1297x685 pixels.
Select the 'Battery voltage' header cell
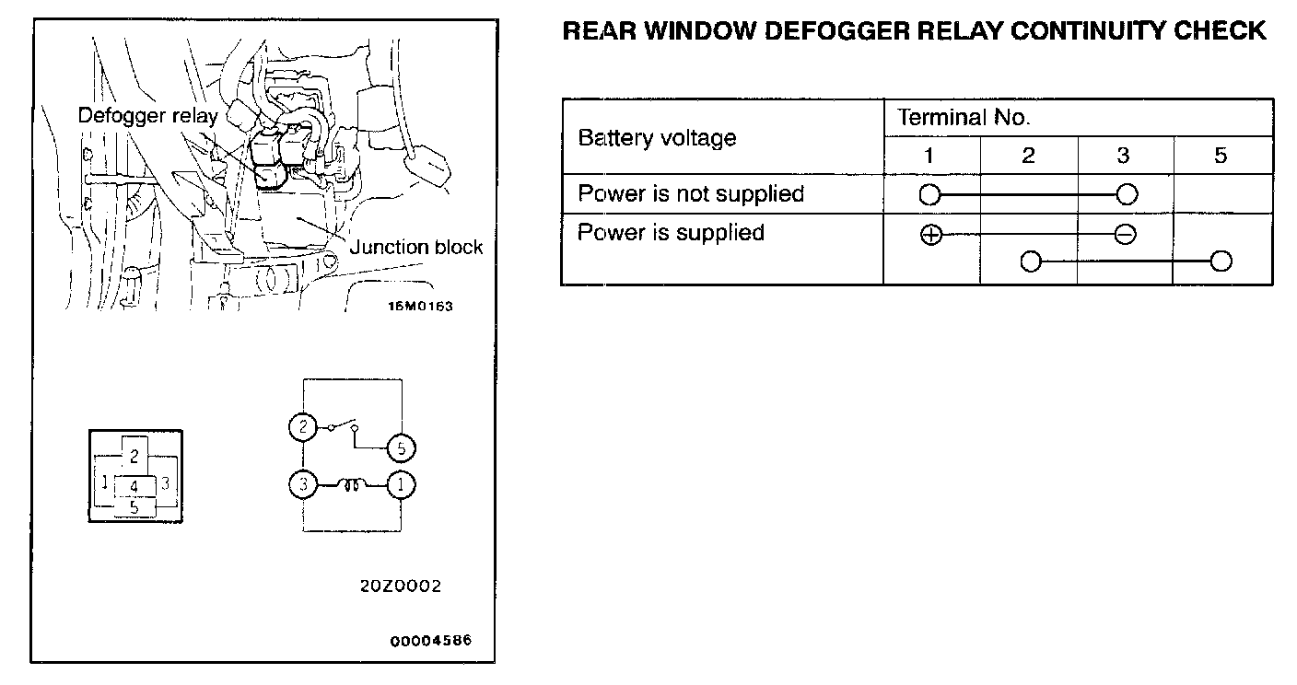click(657, 138)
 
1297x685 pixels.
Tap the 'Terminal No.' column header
click(964, 117)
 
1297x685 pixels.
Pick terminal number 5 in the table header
click(1221, 156)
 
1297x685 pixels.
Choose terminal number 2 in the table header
click(1028, 156)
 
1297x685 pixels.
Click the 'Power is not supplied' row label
click(691, 193)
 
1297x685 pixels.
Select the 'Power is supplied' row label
click(671, 232)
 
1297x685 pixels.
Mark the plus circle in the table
click(930, 235)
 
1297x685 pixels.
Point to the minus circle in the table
click(1125, 235)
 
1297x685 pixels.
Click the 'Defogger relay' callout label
click(147, 115)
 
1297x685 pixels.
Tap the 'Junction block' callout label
click(416, 247)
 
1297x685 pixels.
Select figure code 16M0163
click(421, 307)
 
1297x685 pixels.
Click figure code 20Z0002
click(402, 586)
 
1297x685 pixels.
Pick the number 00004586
click(430, 641)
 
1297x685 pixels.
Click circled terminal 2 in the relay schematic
click(301, 427)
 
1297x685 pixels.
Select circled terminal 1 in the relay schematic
click(401, 484)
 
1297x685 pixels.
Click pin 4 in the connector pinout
click(134, 485)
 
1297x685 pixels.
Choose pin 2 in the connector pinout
click(134, 455)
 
